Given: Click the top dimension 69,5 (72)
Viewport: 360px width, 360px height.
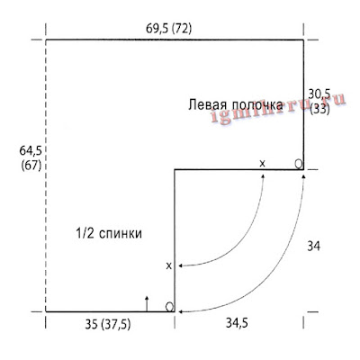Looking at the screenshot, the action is pyautogui.click(x=168, y=29).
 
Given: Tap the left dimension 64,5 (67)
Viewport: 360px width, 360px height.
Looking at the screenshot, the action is pyautogui.click(x=31, y=158).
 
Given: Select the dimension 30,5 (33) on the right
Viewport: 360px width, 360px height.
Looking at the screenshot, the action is pyautogui.click(x=319, y=102).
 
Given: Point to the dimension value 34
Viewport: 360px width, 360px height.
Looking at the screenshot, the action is pyautogui.click(x=313, y=247).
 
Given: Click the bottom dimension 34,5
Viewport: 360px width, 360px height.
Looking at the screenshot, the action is pyautogui.click(x=237, y=323).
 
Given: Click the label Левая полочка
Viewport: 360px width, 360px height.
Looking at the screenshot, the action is pyautogui.click(x=236, y=105).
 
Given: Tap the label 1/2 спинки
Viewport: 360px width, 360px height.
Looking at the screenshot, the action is pyautogui.click(x=109, y=233).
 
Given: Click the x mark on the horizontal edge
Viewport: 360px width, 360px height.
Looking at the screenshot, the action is pyautogui.click(x=262, y=164).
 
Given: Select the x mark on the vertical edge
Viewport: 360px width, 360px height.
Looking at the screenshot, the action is pyautogui.click(x=169, y=265).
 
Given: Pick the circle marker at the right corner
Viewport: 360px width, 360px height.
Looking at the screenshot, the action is pyautogui.click(x=299, y=164).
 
